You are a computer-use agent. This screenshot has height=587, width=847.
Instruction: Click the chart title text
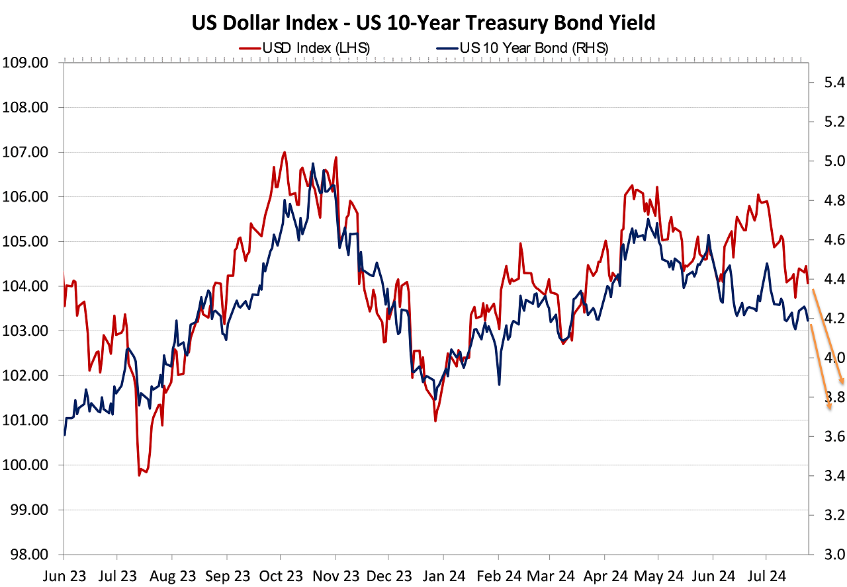pyautogui.click(x=423, y=22)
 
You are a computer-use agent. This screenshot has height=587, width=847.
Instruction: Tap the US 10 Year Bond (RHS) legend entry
pyautogui.click(x=523, y=48)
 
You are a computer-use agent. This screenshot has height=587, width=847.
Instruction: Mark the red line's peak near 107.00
pyautogui.click(x=285, y=152)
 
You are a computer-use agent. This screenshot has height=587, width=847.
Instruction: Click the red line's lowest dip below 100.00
pyautogui.click(x=140, y=475)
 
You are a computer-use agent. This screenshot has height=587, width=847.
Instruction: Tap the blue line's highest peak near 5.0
pyautogui.click(x=312, y=163)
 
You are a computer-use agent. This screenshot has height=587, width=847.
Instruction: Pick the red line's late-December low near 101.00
pyautogui.click(x=435, y=420)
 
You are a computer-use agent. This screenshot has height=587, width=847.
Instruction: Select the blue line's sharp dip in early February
pyautogui.click(x=499, y=384)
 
